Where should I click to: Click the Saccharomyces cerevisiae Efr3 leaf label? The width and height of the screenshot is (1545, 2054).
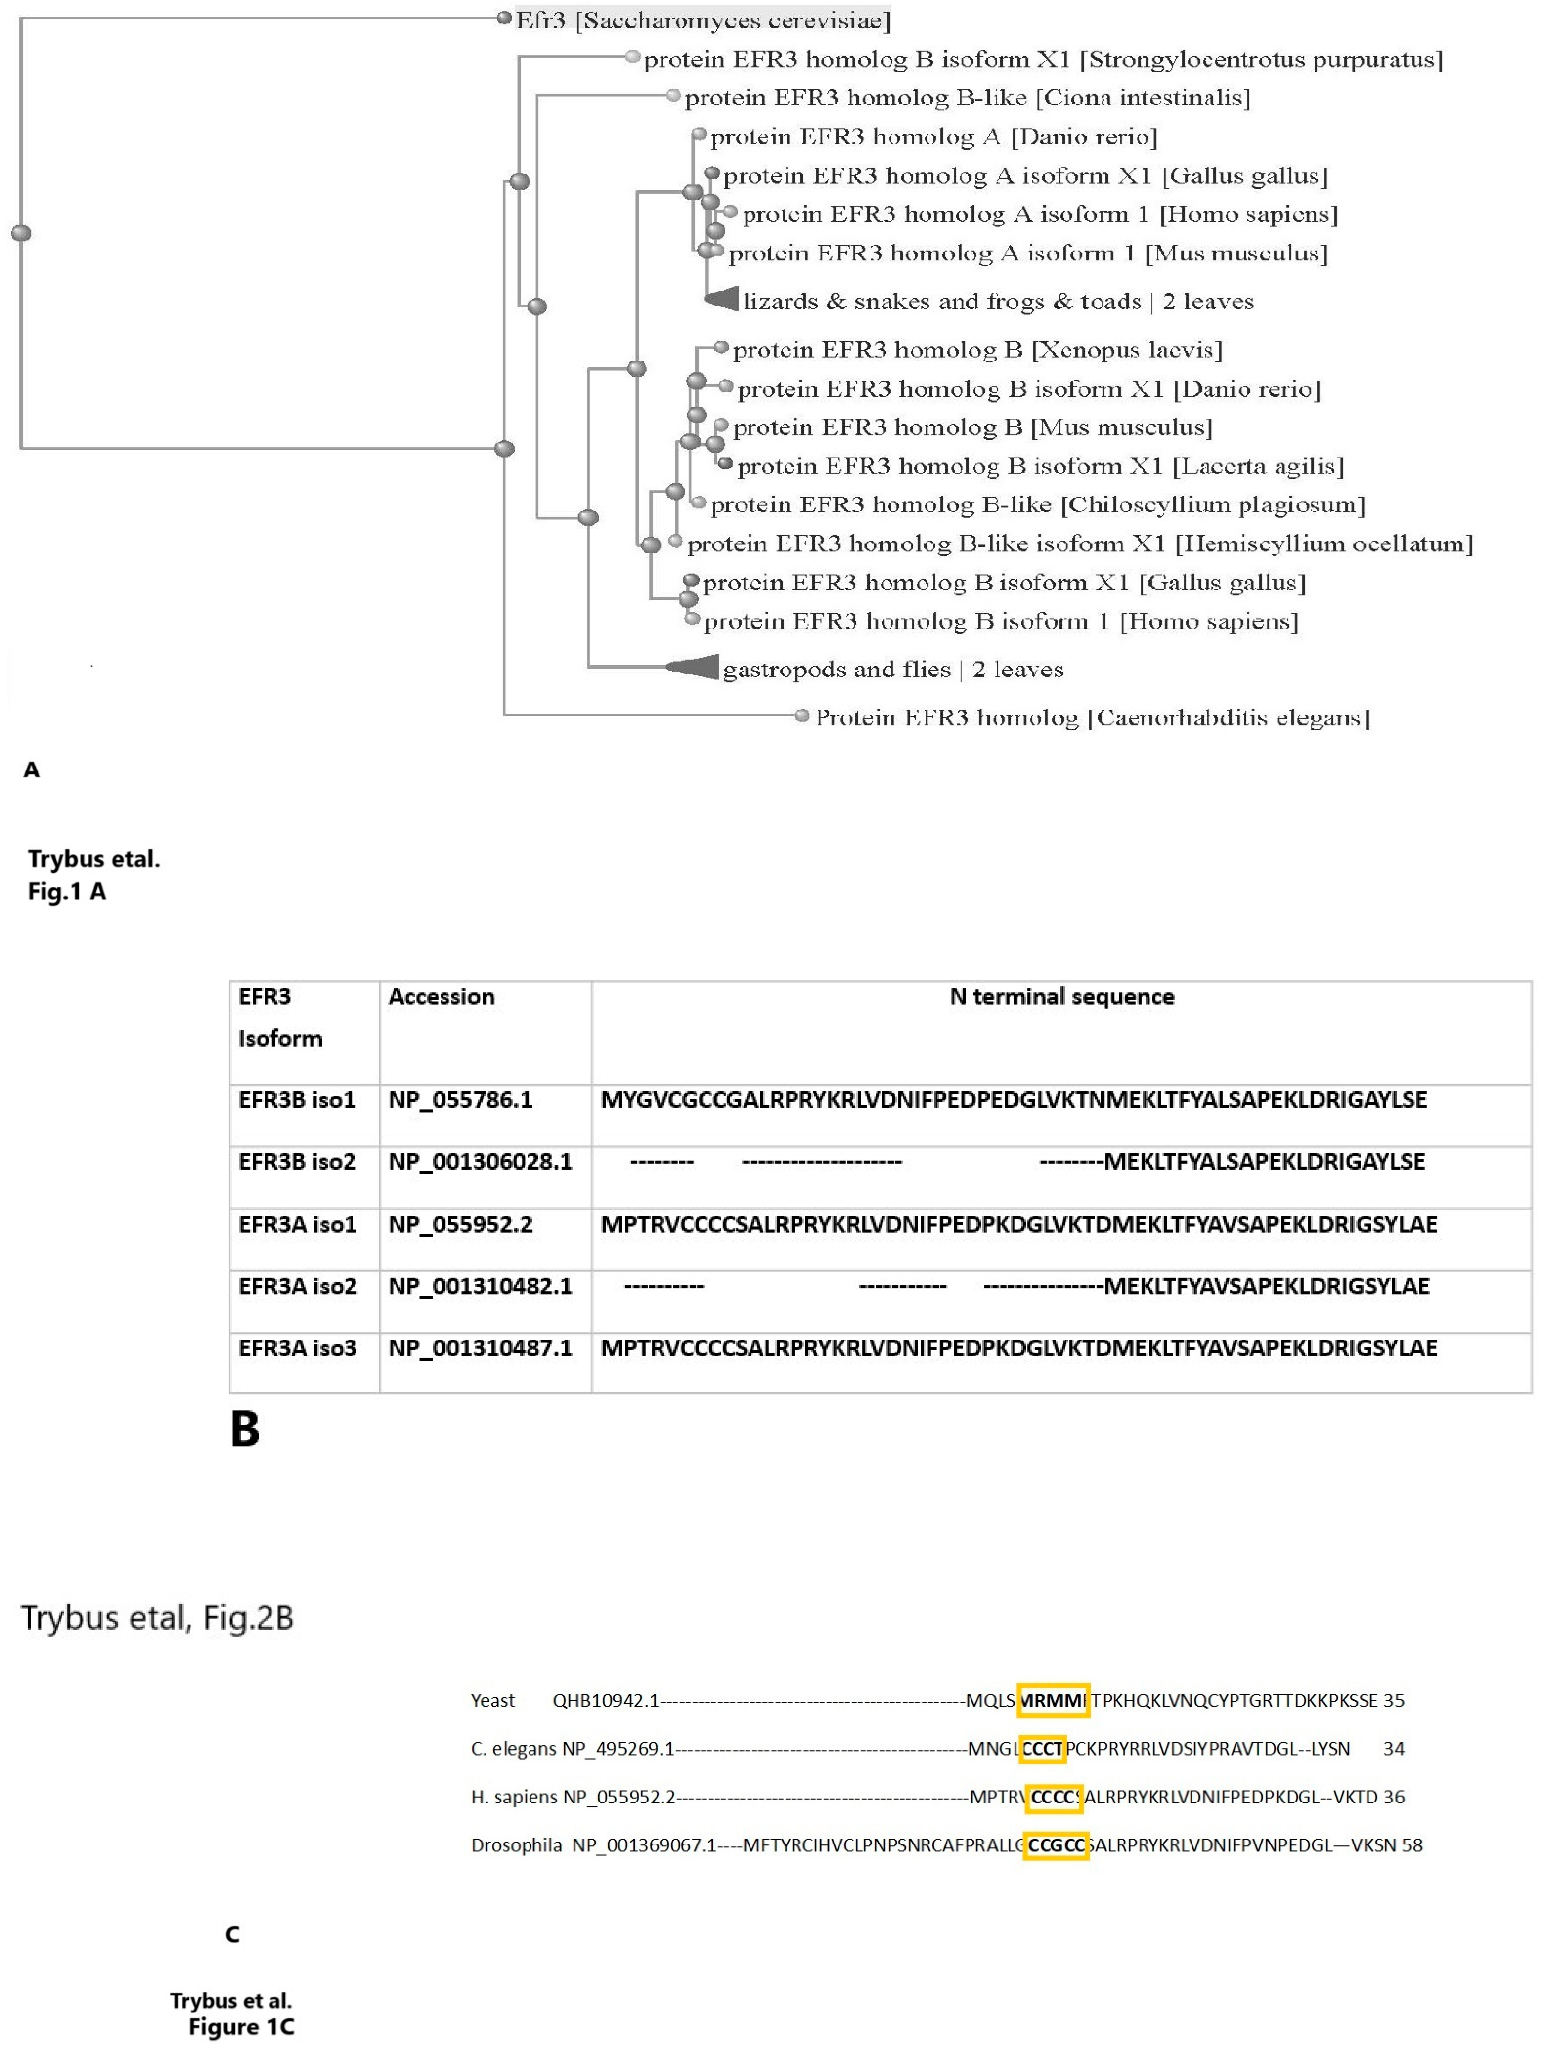point(704,19)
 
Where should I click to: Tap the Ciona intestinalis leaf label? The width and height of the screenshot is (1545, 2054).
point(966,97)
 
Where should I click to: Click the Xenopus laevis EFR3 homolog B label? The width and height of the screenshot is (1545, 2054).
point(977,350)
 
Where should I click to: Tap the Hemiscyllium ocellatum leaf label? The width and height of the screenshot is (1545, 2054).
point(1080,544)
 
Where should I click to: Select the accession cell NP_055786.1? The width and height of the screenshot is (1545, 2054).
point(460,1100)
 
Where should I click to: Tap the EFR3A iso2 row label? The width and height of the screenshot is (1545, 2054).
point(297,1286)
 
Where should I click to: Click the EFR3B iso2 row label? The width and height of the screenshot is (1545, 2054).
point(297,1162)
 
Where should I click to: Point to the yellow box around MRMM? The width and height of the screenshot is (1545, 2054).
point(1053,1700)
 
